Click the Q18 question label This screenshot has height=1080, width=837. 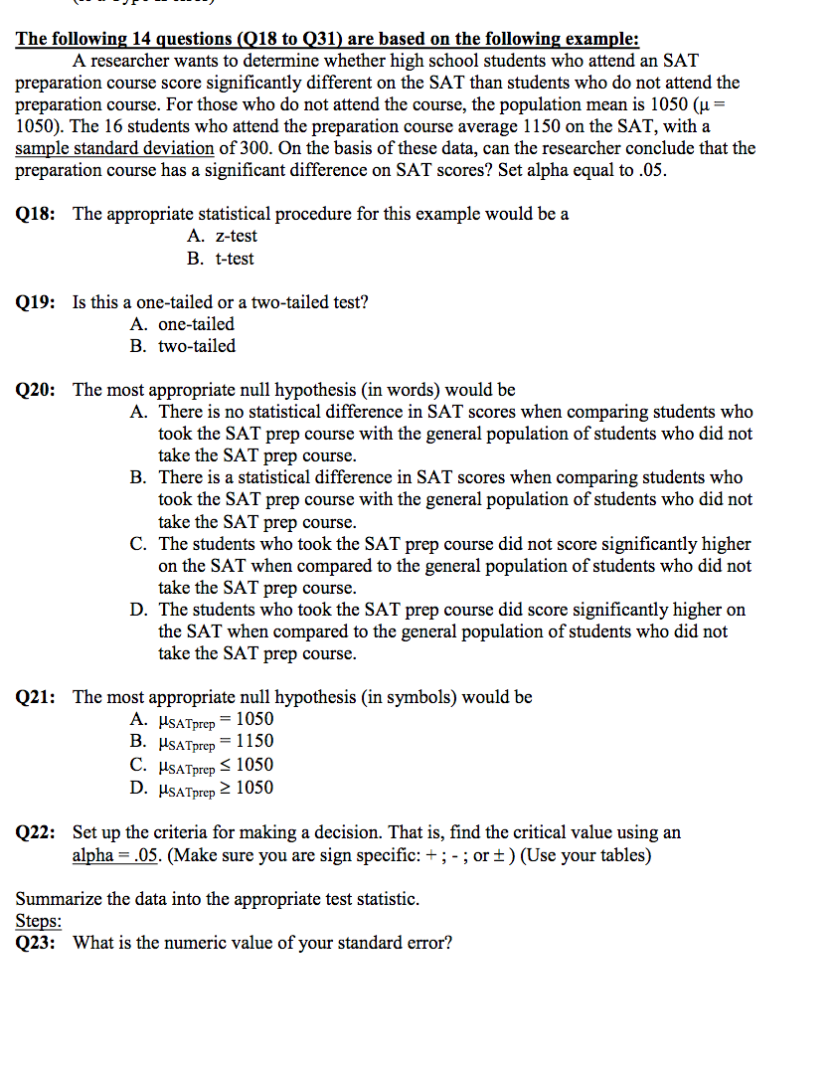[36, 214]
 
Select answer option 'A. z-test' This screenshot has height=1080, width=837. [221, 237]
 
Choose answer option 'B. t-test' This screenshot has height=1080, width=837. [220, 259]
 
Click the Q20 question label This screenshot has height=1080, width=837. [36, 390]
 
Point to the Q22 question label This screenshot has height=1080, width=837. [36, 832]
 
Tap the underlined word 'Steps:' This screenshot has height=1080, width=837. [39, 921]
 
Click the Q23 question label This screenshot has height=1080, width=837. [36, 943]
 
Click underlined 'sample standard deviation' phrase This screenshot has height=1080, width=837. [114, 148]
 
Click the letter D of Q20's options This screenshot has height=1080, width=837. [138, 610]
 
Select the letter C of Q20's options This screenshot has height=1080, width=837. [138, 544]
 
